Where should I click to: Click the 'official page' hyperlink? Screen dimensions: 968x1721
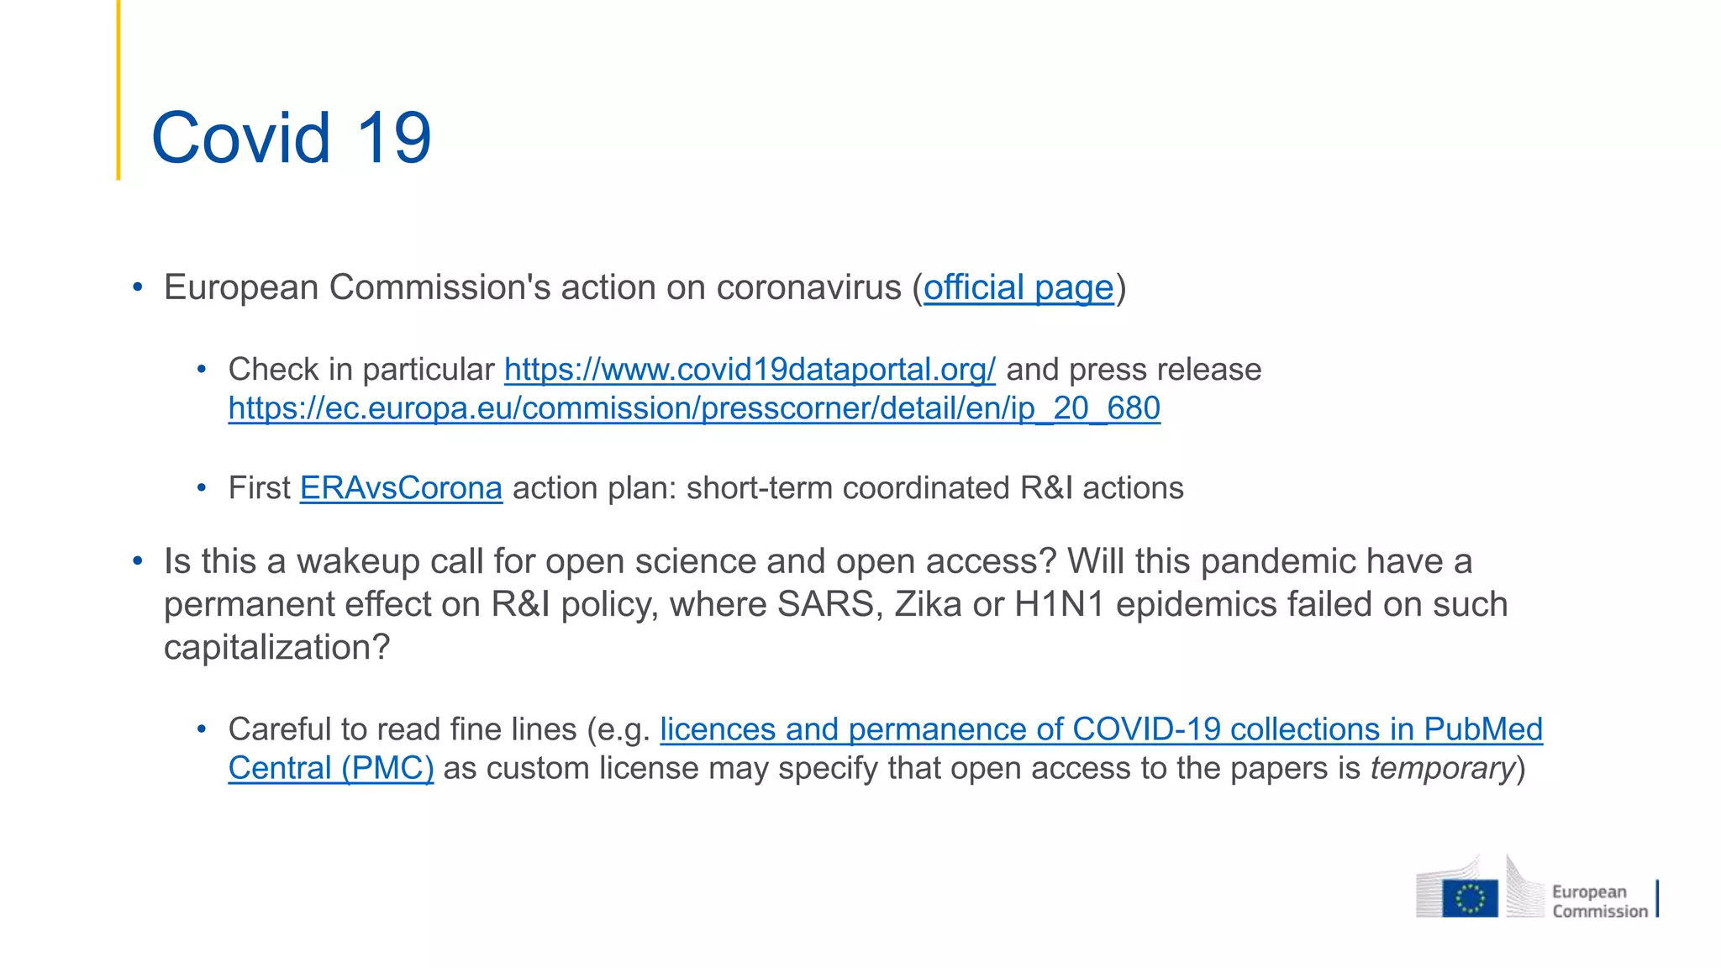[1018, 287]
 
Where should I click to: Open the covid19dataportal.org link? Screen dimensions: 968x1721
[750, 370]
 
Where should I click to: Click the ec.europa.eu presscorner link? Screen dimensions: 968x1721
[694, 408]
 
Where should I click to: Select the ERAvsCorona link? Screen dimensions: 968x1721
[401, 488]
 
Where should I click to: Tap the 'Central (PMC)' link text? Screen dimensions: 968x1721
[331, 768]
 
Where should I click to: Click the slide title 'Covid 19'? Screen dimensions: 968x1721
[291, 137]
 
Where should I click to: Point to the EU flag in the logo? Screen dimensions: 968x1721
[1470, 898]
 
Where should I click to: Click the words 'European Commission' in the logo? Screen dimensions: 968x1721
[1598, 901]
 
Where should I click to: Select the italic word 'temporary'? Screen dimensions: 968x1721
[1442, 768]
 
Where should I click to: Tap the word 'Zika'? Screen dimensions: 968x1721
[928, 605]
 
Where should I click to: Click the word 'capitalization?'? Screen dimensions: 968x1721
[277, 648]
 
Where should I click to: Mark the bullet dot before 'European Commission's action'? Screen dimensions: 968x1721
[138, 287]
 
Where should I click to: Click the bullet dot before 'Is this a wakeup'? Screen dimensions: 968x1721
[138, 561]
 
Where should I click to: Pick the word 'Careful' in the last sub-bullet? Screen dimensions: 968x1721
[277, 729]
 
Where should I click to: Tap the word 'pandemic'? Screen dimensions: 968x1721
[1277, 561]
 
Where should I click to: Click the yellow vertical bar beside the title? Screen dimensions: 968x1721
[118, 90]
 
